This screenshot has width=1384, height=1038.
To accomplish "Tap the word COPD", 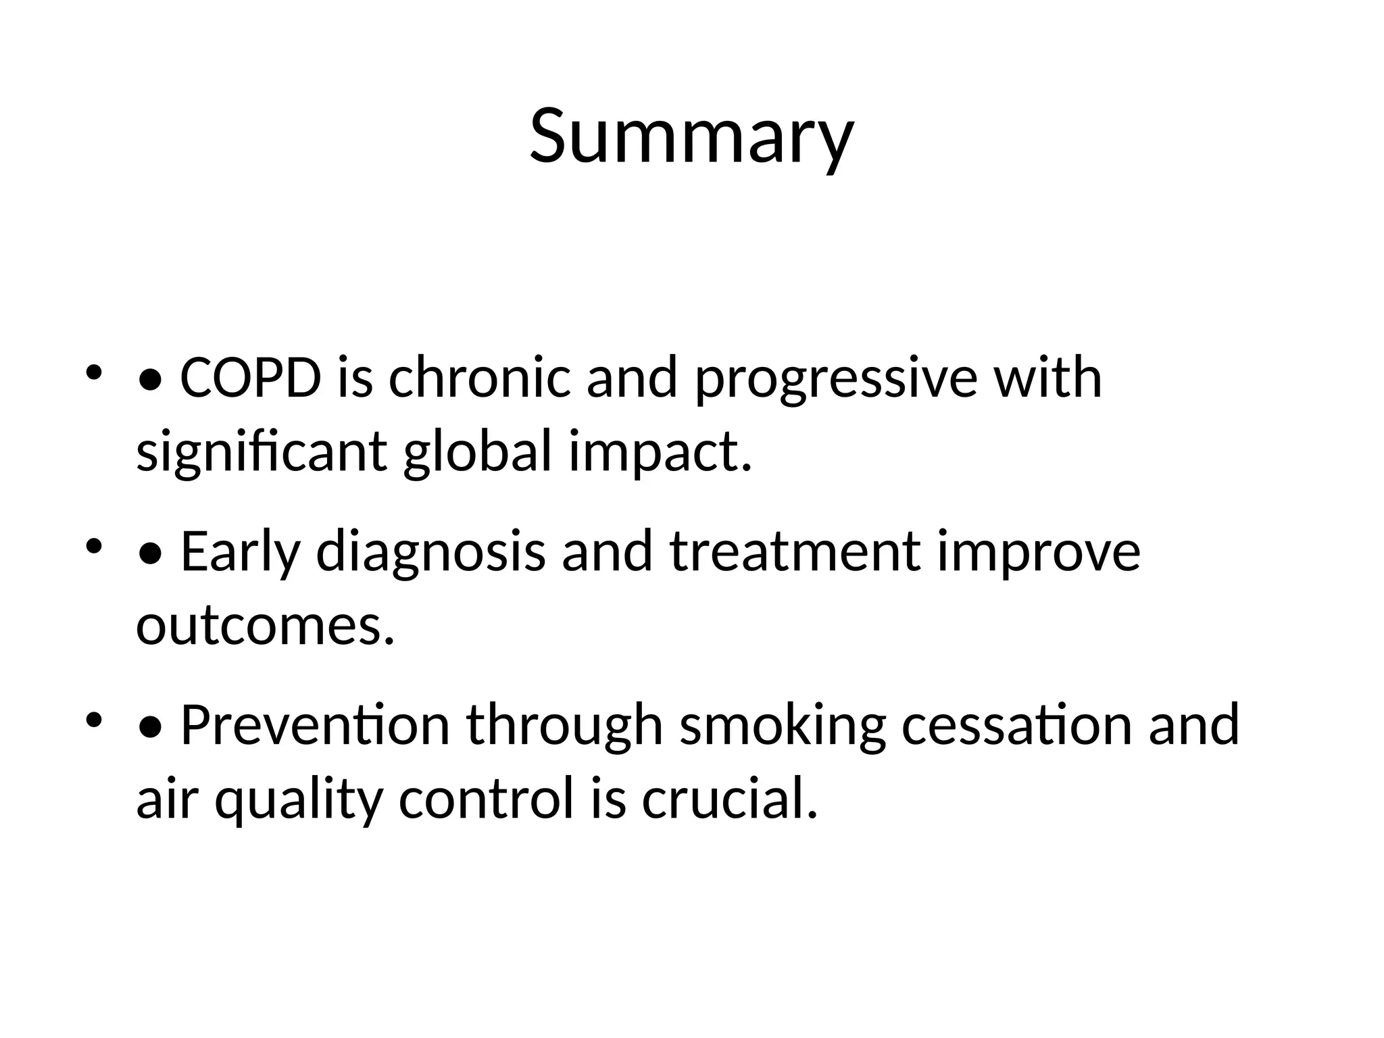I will tap(251, 378).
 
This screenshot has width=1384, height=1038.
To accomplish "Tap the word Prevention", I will tap(315, 725).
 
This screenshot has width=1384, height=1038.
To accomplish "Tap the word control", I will tap(485, 799).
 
